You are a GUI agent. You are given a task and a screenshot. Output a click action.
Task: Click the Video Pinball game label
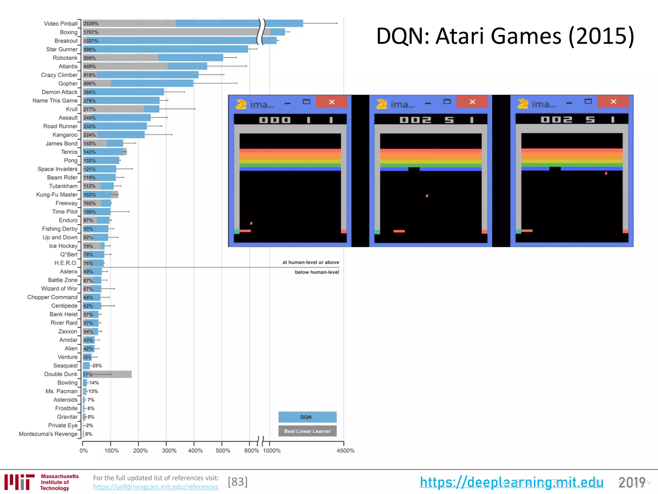pyautogui.click(x=61, y=23)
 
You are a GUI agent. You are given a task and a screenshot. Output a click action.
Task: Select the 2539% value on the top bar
pyautogui.click(x=91, y=23)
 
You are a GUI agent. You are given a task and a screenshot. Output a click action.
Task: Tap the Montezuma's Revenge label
pyautogui.click(x=48, y=434)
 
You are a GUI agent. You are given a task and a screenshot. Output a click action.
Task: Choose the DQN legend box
pyautogui.click(x=307, y=417)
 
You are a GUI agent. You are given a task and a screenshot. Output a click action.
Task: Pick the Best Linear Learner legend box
pyautogui.click(x=307, y=431)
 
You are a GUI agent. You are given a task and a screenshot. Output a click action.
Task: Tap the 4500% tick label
pyautogui.click(x=345, y=451)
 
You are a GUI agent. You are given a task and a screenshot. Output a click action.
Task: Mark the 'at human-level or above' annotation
pyautogui.click(x=310, y=262)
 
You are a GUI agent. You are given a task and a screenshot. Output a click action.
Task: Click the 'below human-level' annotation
pyautogui.click(x=317, y=272)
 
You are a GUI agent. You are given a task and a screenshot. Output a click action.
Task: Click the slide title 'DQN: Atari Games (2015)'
pyautogui.click(x=505, y=36)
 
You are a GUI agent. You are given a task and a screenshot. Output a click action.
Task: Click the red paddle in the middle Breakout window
pyautogui.click(x=399, y=231)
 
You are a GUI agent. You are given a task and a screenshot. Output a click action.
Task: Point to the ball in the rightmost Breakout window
pyautogui.click(x=606, y=173)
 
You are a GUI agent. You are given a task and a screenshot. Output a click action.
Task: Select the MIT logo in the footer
pyautogui.click(x=19, y=482)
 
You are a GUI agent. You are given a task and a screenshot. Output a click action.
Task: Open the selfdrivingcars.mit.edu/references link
pyautogui.click(x=156, y=487)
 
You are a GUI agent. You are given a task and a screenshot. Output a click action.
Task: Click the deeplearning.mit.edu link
pyautogui.click(x=511, y=482)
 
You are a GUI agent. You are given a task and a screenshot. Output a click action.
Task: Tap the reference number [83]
pyautogui.click(x=238, y=482)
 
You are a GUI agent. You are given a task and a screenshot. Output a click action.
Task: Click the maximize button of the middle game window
pyautogui.click(x=447, y=102)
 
